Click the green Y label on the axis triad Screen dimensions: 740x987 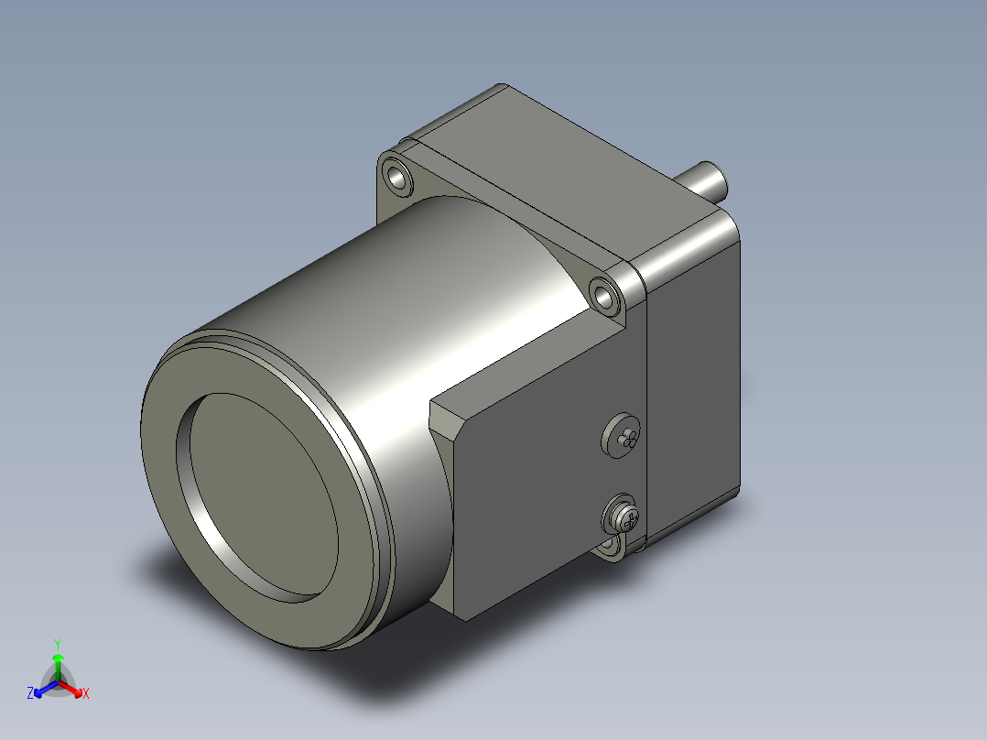point(58,643)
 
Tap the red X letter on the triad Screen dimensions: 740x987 point(85,693)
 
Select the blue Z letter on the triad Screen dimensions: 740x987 point(30,693)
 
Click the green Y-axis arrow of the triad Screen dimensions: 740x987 point(58,663)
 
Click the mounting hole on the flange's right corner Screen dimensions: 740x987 point(603,294)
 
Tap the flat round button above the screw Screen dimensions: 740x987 point(622,434)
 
